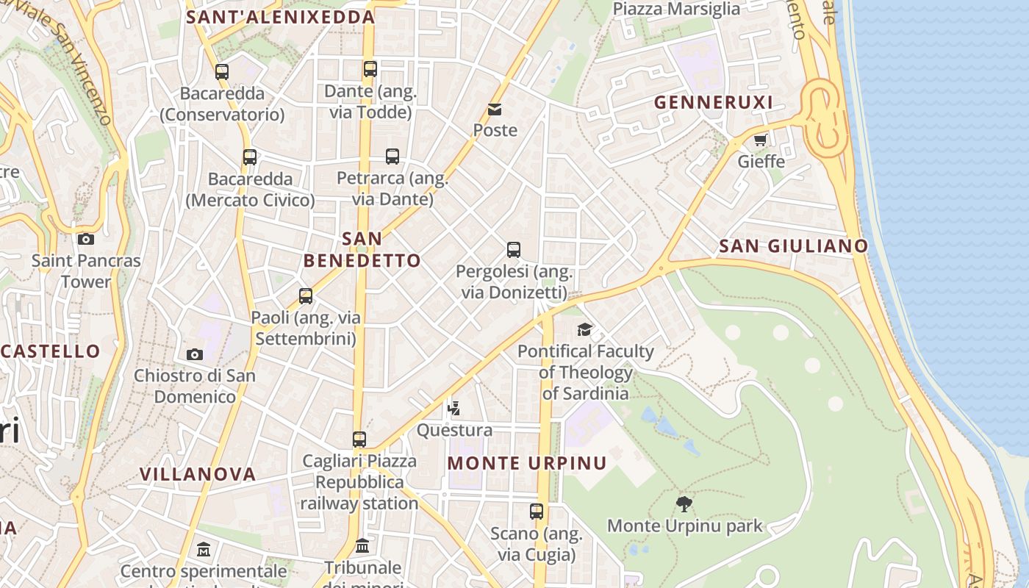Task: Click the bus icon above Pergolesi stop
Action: tap(514, 250)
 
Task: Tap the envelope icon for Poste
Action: tap(495, 110)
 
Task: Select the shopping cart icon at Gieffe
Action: tap(760, 140)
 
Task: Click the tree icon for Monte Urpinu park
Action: tap(684, 503)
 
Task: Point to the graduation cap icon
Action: tap(584, 329)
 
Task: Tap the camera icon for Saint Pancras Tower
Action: tap(86, 239)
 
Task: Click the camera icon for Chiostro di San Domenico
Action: tap(195, 354)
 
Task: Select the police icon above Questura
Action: tap(454, 408)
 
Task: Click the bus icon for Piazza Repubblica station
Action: tap(359, 440)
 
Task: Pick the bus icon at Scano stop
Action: tap(537, 512)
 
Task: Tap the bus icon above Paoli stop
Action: tap(306, 296)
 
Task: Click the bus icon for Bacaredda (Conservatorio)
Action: tap(222, 72)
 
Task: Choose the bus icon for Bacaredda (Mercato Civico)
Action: tap(250, 157)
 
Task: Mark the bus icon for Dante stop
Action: tap(370, 69)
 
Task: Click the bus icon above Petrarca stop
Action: tap(392, 157)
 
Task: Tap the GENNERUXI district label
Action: tap(714, 103)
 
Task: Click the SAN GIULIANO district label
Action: tap(794, 246)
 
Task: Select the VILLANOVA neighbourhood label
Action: tap(198, 474)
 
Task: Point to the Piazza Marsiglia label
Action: tap(676, 9)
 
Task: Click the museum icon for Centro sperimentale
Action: tap(204, 549)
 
